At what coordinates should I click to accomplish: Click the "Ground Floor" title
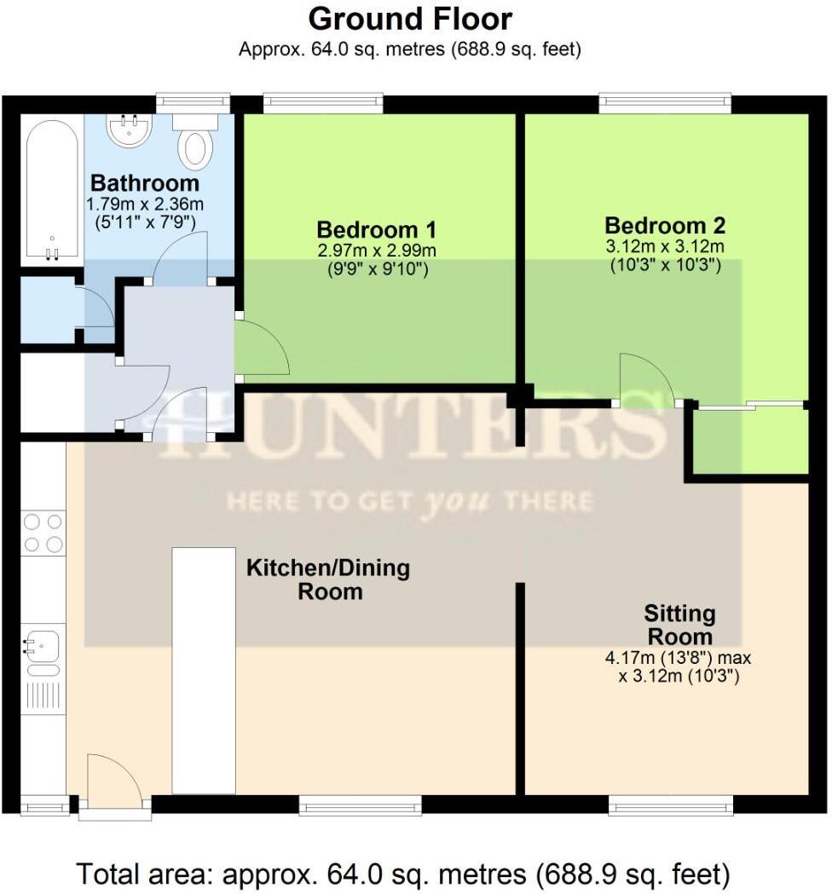pyautogui.click(x=409, y=19)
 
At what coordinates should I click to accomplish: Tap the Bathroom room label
pyautogui.click(x=145, y=183)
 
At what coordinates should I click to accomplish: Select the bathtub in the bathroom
pyautogui.click(x=52, y=190)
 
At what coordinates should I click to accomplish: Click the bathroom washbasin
pyautogui.click(x=129, y=130)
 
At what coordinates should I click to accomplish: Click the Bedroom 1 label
pyautogui.click(x=377, y=230)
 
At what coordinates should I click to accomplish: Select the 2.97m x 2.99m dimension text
pyautogui.click(x=377, y=250)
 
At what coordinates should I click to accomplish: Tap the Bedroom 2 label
pyautogui.click(x=665, y=225)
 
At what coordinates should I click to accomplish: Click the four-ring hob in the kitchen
pyautogui.click(x=43, y=533)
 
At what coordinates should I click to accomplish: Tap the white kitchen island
pyautogui.click(x=204, y=671)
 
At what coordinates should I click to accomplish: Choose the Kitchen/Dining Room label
pyautogui.click(x=328, y=580)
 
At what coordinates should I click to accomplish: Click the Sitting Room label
pyautogui.click(x=679, y=625)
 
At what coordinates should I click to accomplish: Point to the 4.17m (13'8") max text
pyautogui.click(x=678, y=657)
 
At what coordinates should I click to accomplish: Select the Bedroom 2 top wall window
pyautogui.click(x=665, y=102)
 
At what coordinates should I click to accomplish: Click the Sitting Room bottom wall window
pyautogui.click(x=671, y=805)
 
